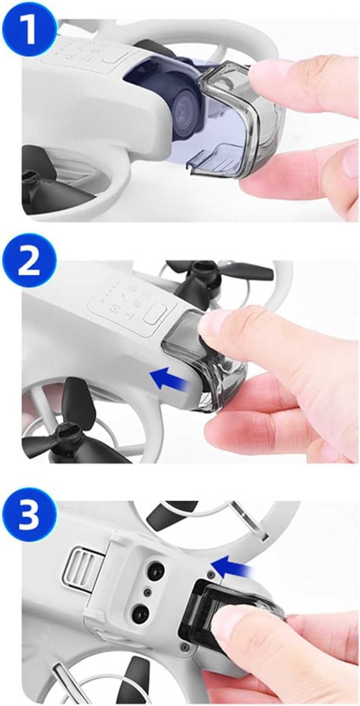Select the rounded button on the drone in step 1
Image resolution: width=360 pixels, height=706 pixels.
click(114, 58)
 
